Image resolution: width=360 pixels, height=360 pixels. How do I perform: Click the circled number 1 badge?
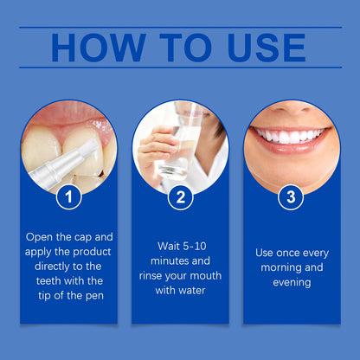coord(68,197)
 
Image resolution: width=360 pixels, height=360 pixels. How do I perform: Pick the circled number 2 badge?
coord(180,197)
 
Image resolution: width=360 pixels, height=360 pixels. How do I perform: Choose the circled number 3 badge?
coord(291,197)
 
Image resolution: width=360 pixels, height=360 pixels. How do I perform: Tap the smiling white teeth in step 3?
coord(289,136)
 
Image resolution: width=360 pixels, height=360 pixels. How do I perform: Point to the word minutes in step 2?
coord(170,260)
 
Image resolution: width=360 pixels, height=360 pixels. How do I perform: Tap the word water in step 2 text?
coord(192,292)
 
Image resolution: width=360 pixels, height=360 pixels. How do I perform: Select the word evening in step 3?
coord(291,284)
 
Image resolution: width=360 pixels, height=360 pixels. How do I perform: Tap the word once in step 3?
coord(291,253)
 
